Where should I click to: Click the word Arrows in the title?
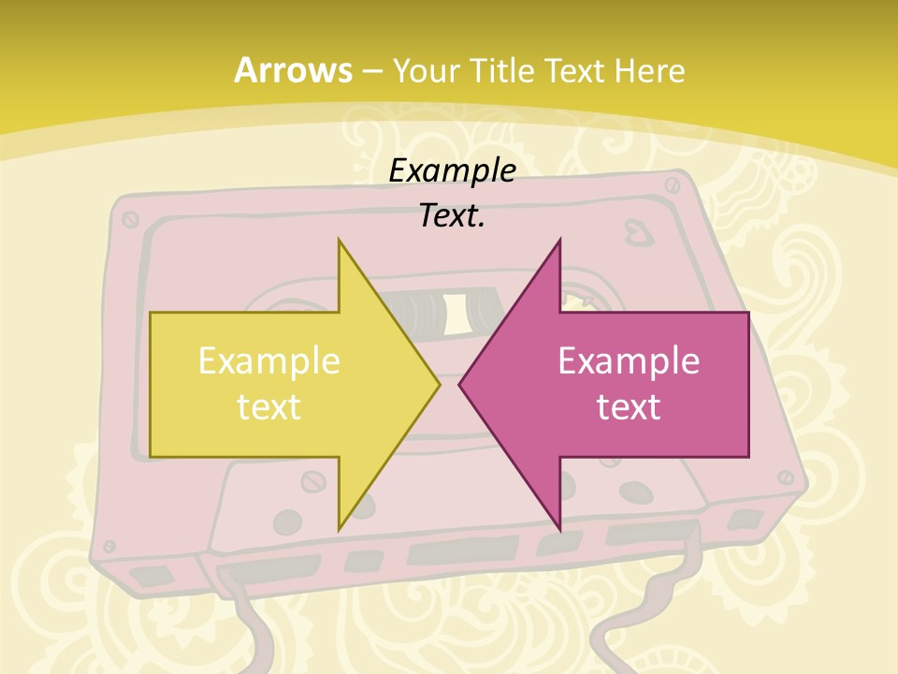[x=293, y=70]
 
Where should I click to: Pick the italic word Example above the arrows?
[x=452, y=170]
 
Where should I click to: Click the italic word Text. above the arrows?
[x=452, y=215]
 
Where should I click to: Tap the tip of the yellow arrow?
[x=438, y=384]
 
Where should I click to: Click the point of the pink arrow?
[x=460, y=384]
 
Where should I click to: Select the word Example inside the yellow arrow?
[x=269, y=360]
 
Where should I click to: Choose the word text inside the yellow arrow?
[x=269, y=407]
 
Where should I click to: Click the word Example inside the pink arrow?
[x=629, y=360]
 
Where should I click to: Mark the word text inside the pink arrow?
[x=629, y=407]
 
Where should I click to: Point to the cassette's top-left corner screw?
[x=130, y=219]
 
